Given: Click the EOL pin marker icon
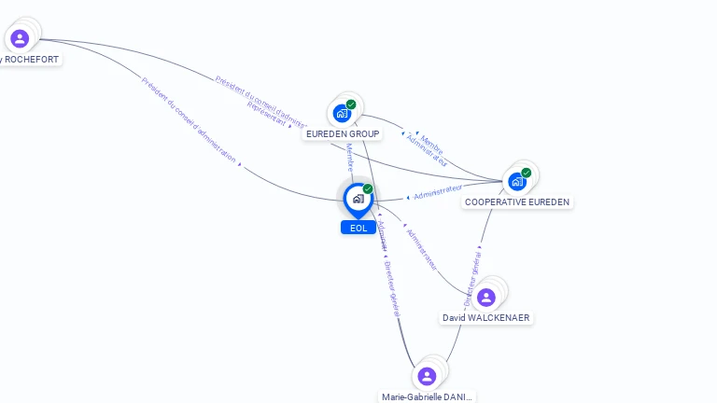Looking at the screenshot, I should (x=358, y=199).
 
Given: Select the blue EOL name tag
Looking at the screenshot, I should (x=358, y=228).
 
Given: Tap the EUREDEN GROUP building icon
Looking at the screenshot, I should (x=342, y=113).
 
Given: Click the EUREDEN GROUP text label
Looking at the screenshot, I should (x=343, y=134).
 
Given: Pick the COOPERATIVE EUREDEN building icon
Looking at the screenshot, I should (x=517, y=181).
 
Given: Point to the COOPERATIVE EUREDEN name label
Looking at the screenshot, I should (x=517, y=201).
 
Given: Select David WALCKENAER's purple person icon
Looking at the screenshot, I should (x=485, y=298).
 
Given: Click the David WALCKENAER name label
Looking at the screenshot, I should (x=485, y=318).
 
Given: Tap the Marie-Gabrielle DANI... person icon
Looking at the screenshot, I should (x=427, y=376).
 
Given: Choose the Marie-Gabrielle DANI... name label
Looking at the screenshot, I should (x=427, y=396).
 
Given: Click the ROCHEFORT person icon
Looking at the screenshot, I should (x=20, y=38).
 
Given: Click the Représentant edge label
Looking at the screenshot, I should (x=266, y=114).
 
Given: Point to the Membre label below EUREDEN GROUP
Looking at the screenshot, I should (x=349, y=157).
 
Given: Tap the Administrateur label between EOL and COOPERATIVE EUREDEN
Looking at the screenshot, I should (x=438, y=192).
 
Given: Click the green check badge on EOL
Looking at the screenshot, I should (x=368, y=188).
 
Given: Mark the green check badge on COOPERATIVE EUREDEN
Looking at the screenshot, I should (x=527, y=173).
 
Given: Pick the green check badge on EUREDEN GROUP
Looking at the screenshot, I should (x=351, y=104).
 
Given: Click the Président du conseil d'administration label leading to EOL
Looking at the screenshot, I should (x=189, y=119).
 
